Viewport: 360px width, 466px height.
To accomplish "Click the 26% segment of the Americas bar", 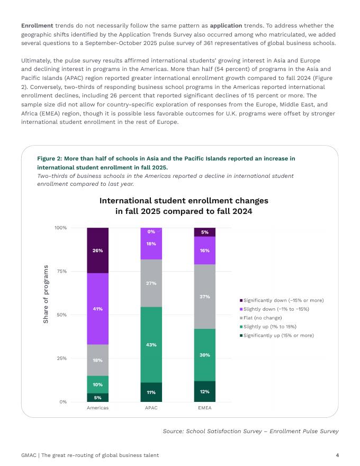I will (x=98, y=250).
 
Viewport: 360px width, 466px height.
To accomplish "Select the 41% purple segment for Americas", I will (x=98, y=309).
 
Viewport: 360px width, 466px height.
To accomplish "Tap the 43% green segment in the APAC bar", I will (x=151, y=345).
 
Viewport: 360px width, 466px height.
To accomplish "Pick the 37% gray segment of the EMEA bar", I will (x=204, y=297).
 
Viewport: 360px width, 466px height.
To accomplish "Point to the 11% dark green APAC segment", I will (x=151, y=392).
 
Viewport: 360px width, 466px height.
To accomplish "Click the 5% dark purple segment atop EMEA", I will (x=204, y=232).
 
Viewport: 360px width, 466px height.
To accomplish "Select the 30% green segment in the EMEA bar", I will (x=204, y=355).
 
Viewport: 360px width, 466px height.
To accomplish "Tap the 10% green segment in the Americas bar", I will (x=98, y=384).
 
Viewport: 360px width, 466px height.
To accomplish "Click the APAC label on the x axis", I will (x=151, y=408).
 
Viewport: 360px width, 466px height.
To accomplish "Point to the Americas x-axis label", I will (x=98, y=408).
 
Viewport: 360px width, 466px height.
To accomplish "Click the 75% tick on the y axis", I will (x=60, y=271).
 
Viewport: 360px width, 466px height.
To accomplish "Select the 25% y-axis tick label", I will (x=60, y=359).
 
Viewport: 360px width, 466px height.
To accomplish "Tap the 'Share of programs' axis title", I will (x=46, y=294).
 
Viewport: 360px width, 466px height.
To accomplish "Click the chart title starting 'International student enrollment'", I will (x=184, y=206).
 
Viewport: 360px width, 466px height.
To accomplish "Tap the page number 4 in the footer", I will (x=337, y=455).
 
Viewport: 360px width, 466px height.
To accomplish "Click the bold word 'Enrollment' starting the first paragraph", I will (x=37, y=25).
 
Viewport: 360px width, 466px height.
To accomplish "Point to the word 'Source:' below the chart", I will (x=173, y=432).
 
